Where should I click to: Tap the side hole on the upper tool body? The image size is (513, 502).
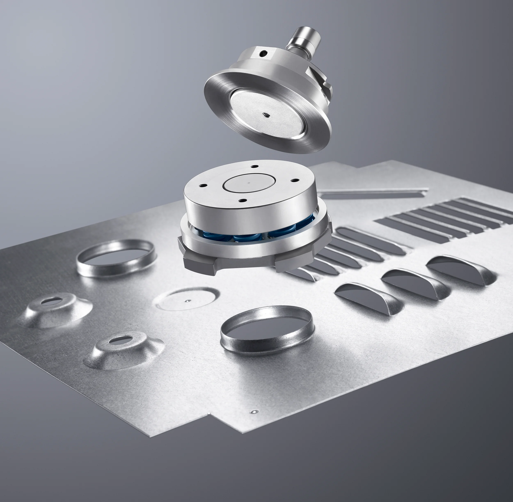click(263, 54)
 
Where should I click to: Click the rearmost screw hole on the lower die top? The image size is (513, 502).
click(254, 167)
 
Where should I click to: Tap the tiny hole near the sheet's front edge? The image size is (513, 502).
click(254, 411)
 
